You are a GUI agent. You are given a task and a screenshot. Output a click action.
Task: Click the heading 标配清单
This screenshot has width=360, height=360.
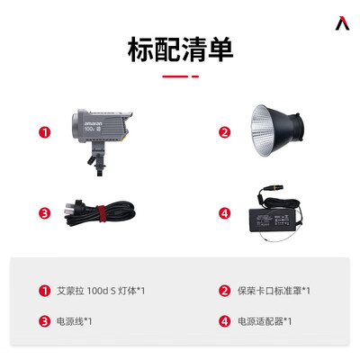[179, 48]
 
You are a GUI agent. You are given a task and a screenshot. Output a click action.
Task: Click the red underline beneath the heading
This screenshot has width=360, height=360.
[179, 76]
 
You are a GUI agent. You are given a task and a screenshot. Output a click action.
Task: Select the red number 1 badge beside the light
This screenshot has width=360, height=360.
[42, 132]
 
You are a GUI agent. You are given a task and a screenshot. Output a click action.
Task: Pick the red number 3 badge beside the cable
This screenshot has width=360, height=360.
[42, 213]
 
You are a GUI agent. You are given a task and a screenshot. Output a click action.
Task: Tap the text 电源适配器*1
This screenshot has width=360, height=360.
[265, 320]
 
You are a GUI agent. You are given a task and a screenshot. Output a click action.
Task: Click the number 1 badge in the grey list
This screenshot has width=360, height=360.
[42, 291]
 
